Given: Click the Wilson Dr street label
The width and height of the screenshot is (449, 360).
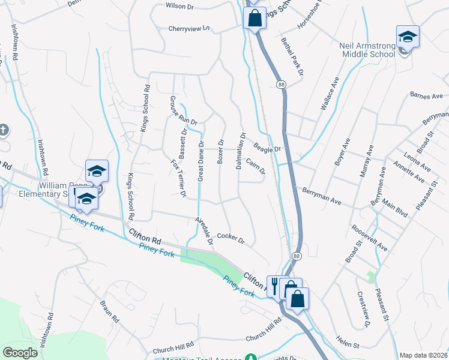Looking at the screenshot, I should tap(180, 7).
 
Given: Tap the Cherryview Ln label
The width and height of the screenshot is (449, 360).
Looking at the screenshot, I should tap(191, 28).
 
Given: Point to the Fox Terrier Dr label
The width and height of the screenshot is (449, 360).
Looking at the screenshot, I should tap(178, 178).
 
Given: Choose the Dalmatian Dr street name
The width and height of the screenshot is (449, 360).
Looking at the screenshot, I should tap(240, 151).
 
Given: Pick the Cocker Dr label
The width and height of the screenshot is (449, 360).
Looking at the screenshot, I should tap(231, 239).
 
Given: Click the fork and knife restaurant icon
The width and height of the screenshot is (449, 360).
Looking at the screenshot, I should tap(275, 286).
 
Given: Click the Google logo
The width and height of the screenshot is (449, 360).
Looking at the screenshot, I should tap(20, 352).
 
